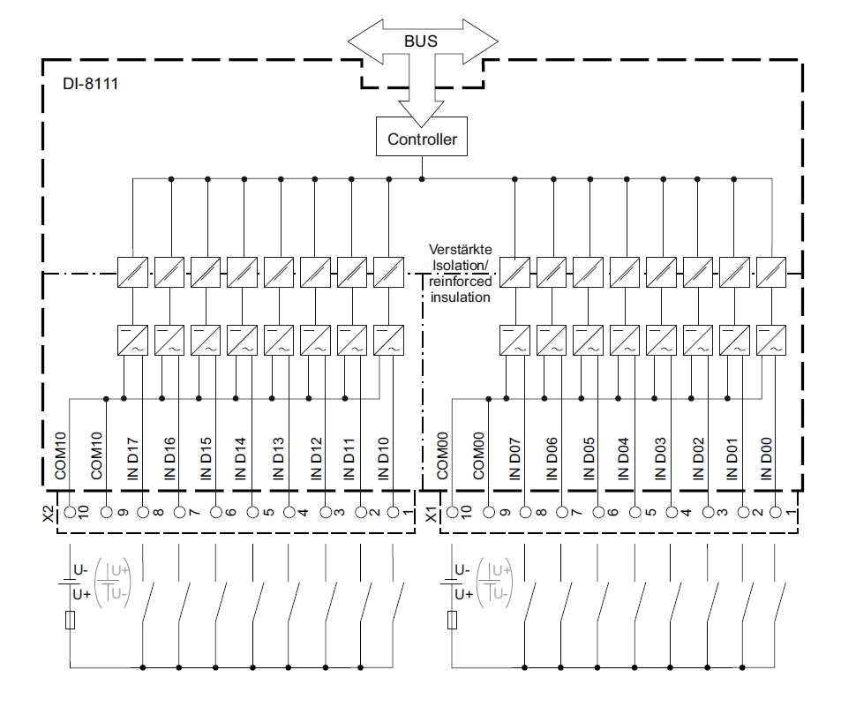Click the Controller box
423,139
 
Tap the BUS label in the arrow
421,41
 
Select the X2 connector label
49,513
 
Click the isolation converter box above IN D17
131,271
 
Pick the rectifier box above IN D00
771,340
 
